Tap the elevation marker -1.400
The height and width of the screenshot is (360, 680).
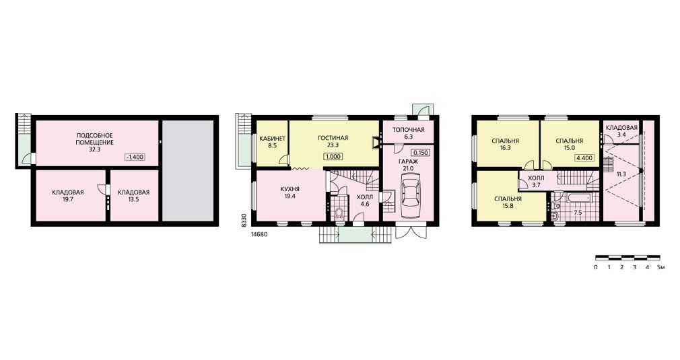(135, 157)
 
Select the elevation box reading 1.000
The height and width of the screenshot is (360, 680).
(333, 157)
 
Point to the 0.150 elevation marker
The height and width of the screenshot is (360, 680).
(421, 153)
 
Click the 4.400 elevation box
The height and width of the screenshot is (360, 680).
(584, 158)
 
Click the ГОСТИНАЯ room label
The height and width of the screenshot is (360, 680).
(333, 138)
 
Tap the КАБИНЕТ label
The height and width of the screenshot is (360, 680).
(273, 139)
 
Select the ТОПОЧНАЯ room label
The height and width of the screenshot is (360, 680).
(408, 129)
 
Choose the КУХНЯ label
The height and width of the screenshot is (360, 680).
(290, 189)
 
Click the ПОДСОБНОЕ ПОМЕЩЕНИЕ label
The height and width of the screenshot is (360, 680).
(94, 139)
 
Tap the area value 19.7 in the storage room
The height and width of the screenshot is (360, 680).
(67, 200)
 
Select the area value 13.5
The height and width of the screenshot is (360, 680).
(133, 200)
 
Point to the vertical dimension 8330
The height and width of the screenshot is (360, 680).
(244, 220)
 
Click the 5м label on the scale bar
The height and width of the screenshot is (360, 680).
(661, 267)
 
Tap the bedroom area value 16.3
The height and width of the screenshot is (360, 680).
(505, 148)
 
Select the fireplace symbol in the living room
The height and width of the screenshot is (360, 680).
(376, 143)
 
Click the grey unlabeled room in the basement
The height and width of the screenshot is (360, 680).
(188, 171)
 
